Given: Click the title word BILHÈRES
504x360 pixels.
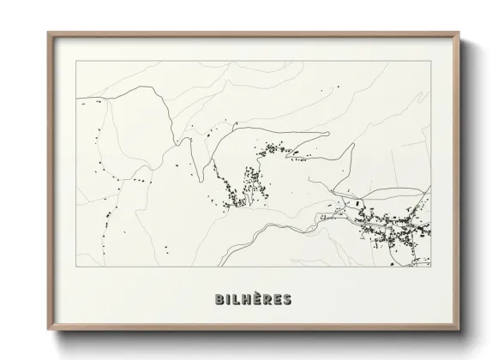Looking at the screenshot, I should [x=253, y=299].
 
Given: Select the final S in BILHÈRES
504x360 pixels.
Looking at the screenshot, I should [x=287, y=299].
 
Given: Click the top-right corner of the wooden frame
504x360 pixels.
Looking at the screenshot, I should [x=459, y=33].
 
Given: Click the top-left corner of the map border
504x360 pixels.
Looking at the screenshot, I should [x=77, y=61].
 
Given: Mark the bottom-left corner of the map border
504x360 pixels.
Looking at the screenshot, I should [x=77, y=267].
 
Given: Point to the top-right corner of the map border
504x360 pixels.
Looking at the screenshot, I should [x=430, y=61].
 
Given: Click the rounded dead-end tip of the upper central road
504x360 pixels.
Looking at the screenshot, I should [x=329, y=135].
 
